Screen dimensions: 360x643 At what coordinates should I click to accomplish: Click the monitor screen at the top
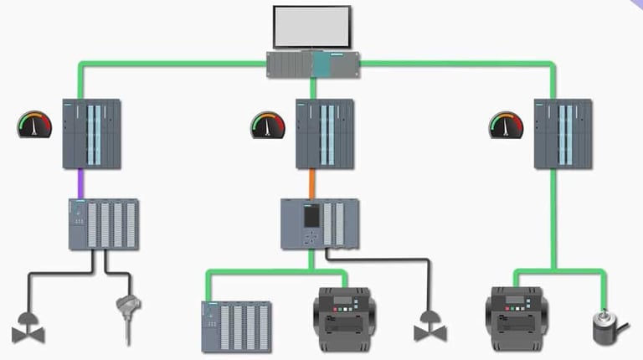pyautogui.click(x=311, y=27)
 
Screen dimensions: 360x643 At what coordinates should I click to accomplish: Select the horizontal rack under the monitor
pyautogui.click(x=313, y=64)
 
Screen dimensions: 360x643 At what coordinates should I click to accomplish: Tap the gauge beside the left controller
pyautogui.click(x=34, y=126)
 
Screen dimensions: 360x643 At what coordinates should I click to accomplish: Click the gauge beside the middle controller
pyautogui.click(x=268, y=126)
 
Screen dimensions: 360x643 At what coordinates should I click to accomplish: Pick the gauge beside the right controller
pyautogui.click(x=506, y=126)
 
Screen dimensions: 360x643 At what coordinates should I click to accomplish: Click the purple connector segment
pyautogui.click(x=81, y=183)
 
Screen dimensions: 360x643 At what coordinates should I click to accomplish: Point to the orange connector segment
pyautogui.click(x=311, y=183)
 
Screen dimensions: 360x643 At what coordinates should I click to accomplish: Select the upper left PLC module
pyautogui.click(x=92, y=134)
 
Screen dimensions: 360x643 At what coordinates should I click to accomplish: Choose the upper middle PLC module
pyautogui.click(x=325, y=134)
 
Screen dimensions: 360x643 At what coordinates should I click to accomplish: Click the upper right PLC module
pyautogui.click(x=563, y=134)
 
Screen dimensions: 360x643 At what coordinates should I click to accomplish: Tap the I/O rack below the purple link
pyautogui.click(x=103, y=224)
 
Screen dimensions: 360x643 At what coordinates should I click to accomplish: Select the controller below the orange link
pyautogui.click(x=319, y=224)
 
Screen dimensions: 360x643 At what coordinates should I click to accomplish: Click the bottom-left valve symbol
pyautogui.click(x=28, y=328)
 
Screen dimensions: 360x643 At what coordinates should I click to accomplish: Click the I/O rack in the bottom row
pyautogui.click(x=236, y=326)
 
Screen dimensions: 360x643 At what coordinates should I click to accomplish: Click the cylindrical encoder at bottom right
pyautogui.click(x=610, y=324)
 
